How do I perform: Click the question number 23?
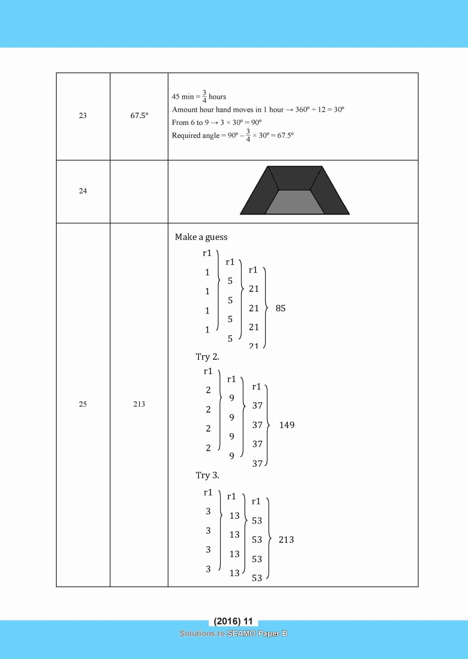point(83,116)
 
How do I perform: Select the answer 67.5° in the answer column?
point(139,116)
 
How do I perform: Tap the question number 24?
point(83,191)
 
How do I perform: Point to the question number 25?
point(83,404)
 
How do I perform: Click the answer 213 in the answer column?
point(139,404)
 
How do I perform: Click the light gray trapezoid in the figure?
point(295,202)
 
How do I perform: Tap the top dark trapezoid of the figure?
point(295,177)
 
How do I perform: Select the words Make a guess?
point(201,237)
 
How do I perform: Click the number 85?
point(280,309)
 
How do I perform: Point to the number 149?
point(287,425)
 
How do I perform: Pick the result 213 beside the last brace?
point(286,540)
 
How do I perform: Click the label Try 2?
point(207,357)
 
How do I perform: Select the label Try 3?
point(207,475)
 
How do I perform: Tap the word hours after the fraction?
point(217,97)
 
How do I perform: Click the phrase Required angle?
point(195,136)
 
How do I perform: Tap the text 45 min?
point(183,97)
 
